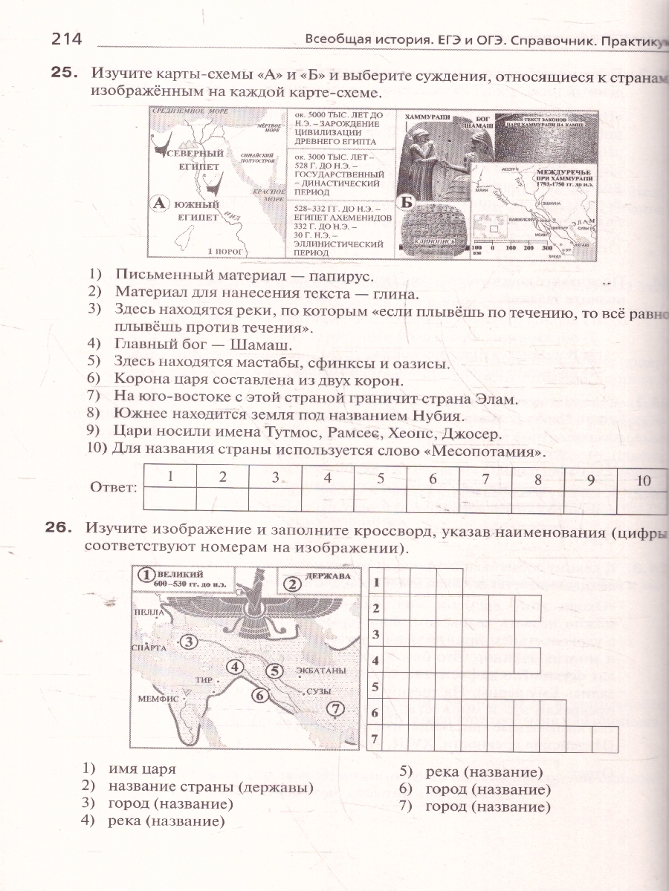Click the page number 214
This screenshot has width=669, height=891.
(65, 40)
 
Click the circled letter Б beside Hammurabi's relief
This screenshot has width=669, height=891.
(406, 202)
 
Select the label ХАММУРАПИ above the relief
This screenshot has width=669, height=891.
(424, 117)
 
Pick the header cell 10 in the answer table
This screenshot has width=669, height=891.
(644, 480)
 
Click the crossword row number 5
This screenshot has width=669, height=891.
(375, 686)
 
